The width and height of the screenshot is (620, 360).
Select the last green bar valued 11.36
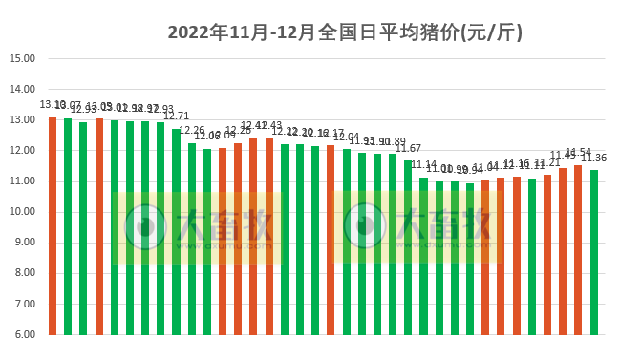[594, 253]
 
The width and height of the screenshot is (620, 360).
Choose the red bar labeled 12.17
[331, 240]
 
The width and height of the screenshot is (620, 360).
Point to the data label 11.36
[595, 159]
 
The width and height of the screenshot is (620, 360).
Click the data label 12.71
[177, 116]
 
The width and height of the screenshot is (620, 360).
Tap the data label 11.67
[409, 148]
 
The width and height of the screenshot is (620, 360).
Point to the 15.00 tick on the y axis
[22, 58]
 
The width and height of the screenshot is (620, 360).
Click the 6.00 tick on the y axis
[22, 335]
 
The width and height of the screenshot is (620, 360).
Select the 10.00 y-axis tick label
[22, 212]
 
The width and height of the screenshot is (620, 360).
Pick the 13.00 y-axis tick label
[22, 120]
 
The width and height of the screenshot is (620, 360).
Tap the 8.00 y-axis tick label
[22, 274]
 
